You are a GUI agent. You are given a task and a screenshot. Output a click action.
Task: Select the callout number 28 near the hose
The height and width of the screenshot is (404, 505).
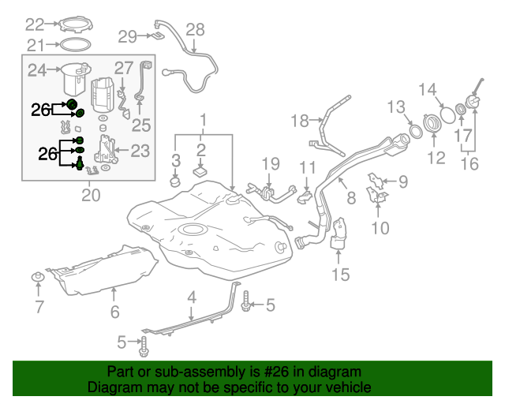point(194,29)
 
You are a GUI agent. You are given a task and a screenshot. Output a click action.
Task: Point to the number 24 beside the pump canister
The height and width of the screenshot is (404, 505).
point(37,71)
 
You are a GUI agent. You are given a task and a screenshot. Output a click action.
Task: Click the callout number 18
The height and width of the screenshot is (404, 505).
point(300,121)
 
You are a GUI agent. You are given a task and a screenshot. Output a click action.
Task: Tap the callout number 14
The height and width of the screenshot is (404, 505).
point(427,88)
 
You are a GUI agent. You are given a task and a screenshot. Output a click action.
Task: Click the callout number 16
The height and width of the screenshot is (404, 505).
point(469,166)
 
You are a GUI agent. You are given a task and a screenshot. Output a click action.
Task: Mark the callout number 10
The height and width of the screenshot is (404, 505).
point(380,229)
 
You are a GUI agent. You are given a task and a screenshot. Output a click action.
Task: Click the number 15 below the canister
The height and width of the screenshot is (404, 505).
point(339,275)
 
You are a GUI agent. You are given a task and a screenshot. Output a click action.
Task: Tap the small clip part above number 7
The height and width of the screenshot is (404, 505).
point(37,276)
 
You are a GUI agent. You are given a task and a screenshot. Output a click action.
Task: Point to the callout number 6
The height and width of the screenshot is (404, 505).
point(114,312)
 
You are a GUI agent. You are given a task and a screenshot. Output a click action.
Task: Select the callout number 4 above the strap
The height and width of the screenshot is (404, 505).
point(191,297)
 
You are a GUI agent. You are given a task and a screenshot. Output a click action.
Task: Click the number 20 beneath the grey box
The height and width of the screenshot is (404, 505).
point(91,194)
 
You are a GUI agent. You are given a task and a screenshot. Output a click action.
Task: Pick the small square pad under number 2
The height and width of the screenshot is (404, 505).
point(200,169)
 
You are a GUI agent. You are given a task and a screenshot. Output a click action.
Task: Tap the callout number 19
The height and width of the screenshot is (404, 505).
point(271,163)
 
